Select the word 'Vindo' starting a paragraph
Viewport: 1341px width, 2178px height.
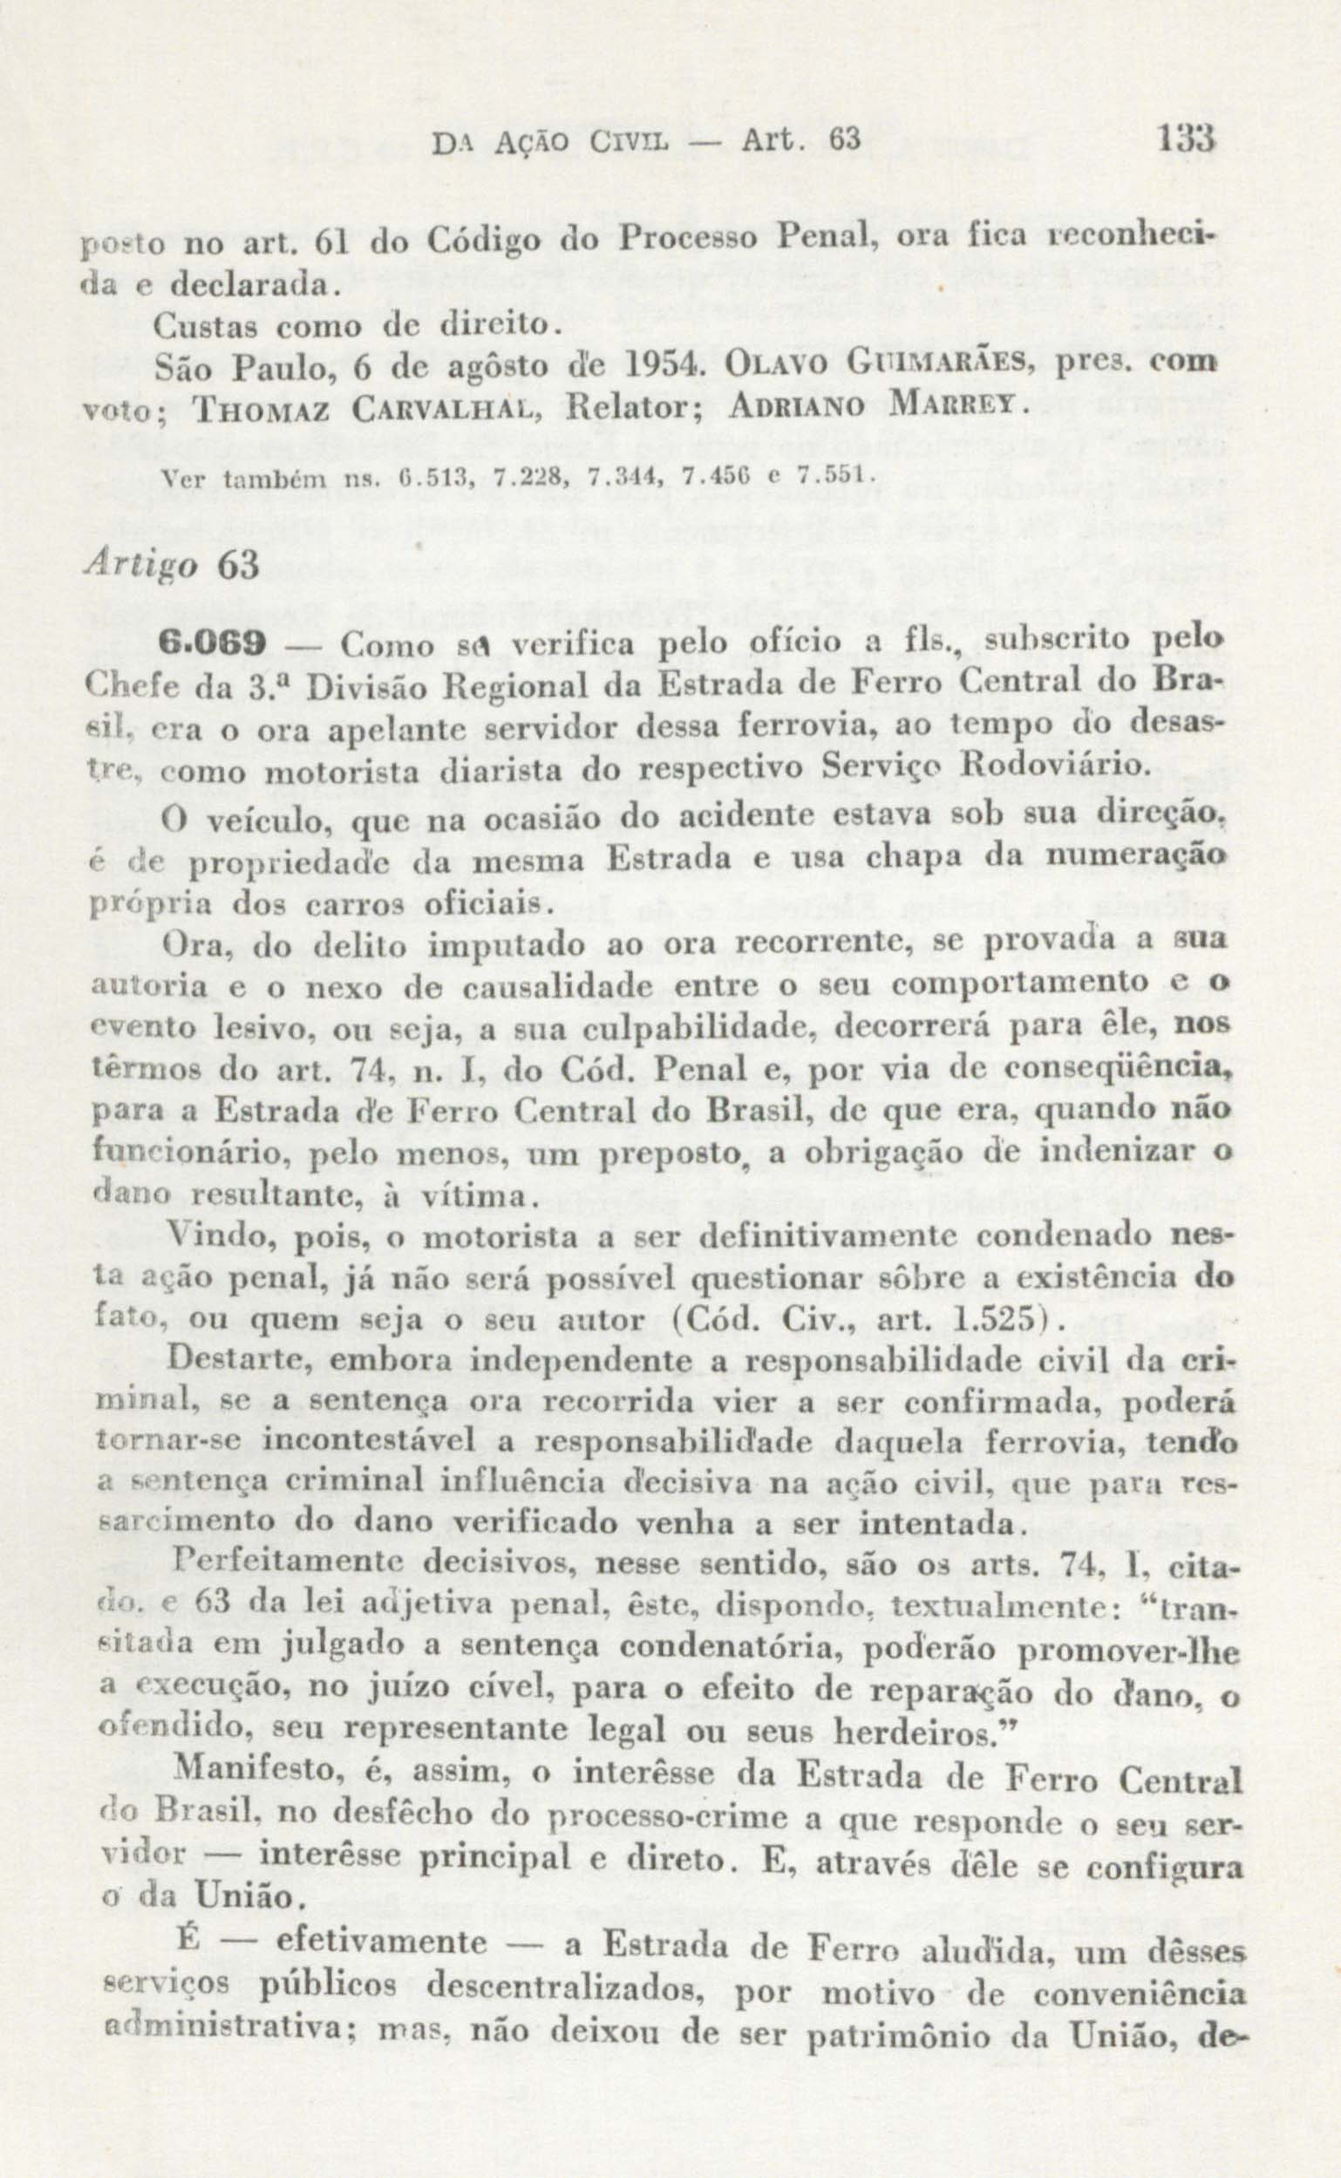click(205, 1235)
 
